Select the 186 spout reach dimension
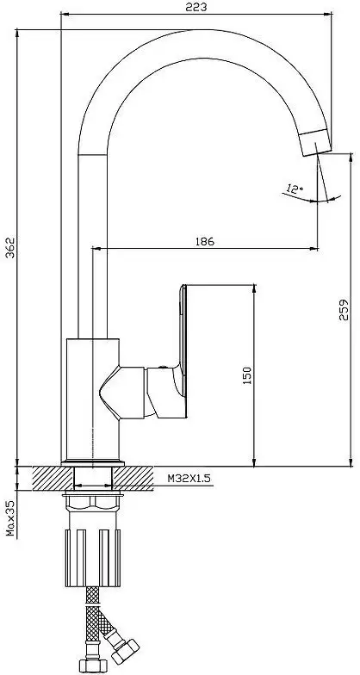tap(205, 241)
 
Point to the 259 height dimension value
tap(343, 310)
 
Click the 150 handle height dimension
tap(247, 375)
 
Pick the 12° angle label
tap(295, 189)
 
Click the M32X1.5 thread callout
tap(189, 479)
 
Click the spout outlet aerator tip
tap(315, 142)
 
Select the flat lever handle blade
tap(183, 344)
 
